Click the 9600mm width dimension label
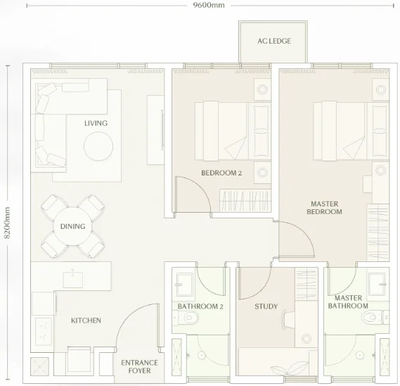pos(209,5)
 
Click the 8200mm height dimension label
pos(7,223)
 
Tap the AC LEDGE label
pos(274,41)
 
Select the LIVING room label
pos(96,123)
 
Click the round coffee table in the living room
pos(98,147)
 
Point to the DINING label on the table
pos(72,226)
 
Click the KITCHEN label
pos(86,320)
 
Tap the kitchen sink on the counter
pos(72,279)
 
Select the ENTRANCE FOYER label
pos(139,366)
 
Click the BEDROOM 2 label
pos(221,173)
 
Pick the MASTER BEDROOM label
pos(325,208)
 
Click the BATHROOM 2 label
pos(200,306)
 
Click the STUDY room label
pos(266,306)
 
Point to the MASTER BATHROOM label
pos(348,302)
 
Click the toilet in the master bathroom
pos(375,318)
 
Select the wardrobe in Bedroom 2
pos(245,201)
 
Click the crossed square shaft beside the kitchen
pos(39,366)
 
